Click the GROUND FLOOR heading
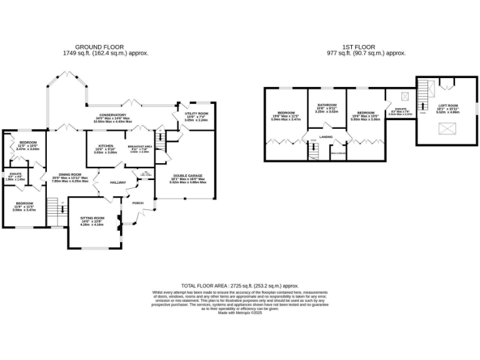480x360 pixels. pos(99,47)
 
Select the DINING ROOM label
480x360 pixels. pos(70,174)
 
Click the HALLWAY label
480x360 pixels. pos(117,182)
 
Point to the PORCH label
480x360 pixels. pos(137,203)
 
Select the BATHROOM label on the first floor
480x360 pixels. pos(327,105)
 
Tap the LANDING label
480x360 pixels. pos(326,136)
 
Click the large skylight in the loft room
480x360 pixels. pos(446,129)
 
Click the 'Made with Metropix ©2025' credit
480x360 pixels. pos(239,313)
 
